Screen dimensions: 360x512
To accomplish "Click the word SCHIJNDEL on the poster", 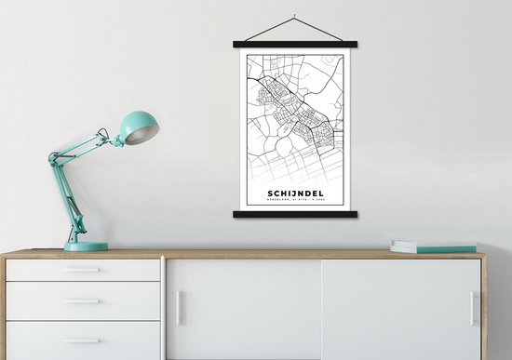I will click(294, 193).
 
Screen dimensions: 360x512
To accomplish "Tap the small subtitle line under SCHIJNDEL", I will click(294, 203).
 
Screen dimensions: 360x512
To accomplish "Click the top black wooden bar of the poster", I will click(294, 44).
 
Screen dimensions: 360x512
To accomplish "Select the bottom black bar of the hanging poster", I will click(294, 214).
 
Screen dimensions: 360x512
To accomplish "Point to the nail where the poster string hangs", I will click(294, 16).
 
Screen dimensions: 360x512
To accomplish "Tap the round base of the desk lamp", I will click(86, 247).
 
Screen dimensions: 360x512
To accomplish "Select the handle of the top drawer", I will click(82, 270).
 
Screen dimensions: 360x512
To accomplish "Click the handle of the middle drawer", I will click(82, 301).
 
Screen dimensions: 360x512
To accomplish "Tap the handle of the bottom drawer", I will click(82, 340).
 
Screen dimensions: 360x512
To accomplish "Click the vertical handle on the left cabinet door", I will click(180, 308).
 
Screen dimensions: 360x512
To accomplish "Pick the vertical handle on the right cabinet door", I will click(473, 308).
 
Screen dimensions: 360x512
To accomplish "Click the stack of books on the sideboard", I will click(433, 247).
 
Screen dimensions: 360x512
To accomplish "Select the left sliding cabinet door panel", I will click(244, 309).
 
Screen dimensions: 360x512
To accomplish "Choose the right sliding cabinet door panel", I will click(400, 309).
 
